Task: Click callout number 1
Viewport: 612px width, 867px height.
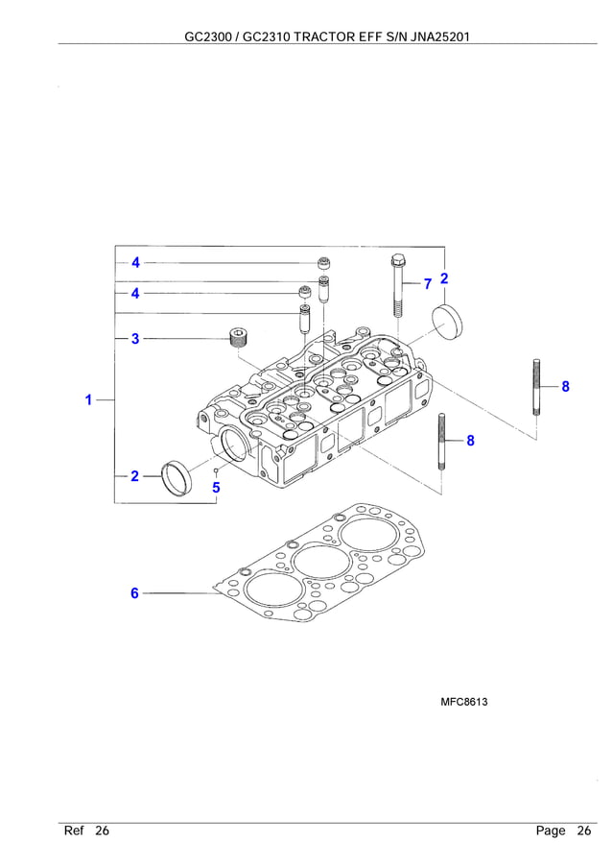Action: [88, 399]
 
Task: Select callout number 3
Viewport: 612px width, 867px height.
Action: [135, 338]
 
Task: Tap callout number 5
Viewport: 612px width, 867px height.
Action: [216, 487]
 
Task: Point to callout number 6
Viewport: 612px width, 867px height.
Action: [135, 593]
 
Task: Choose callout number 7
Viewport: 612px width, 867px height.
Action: [428, 283]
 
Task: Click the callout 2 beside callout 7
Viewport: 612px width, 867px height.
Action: [444, 278]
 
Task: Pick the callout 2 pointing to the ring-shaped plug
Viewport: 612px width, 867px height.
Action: [135, 475]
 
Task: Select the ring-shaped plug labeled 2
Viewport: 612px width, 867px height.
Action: [177, 477]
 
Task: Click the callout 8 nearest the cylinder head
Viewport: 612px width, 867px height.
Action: [470, 441]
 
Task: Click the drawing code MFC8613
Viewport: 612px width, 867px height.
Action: [463, 703]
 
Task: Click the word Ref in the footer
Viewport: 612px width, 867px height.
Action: [74, 831]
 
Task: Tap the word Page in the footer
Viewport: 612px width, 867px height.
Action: [551, 831]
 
